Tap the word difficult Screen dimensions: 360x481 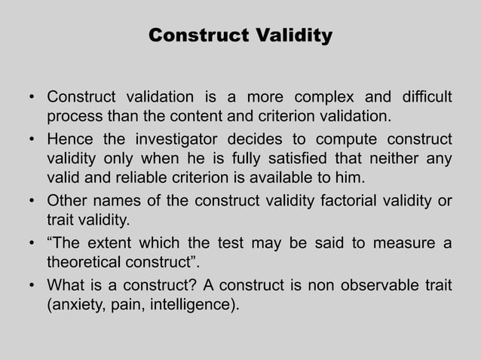click(421, 98)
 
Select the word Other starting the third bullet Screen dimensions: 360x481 click(67, 200)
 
